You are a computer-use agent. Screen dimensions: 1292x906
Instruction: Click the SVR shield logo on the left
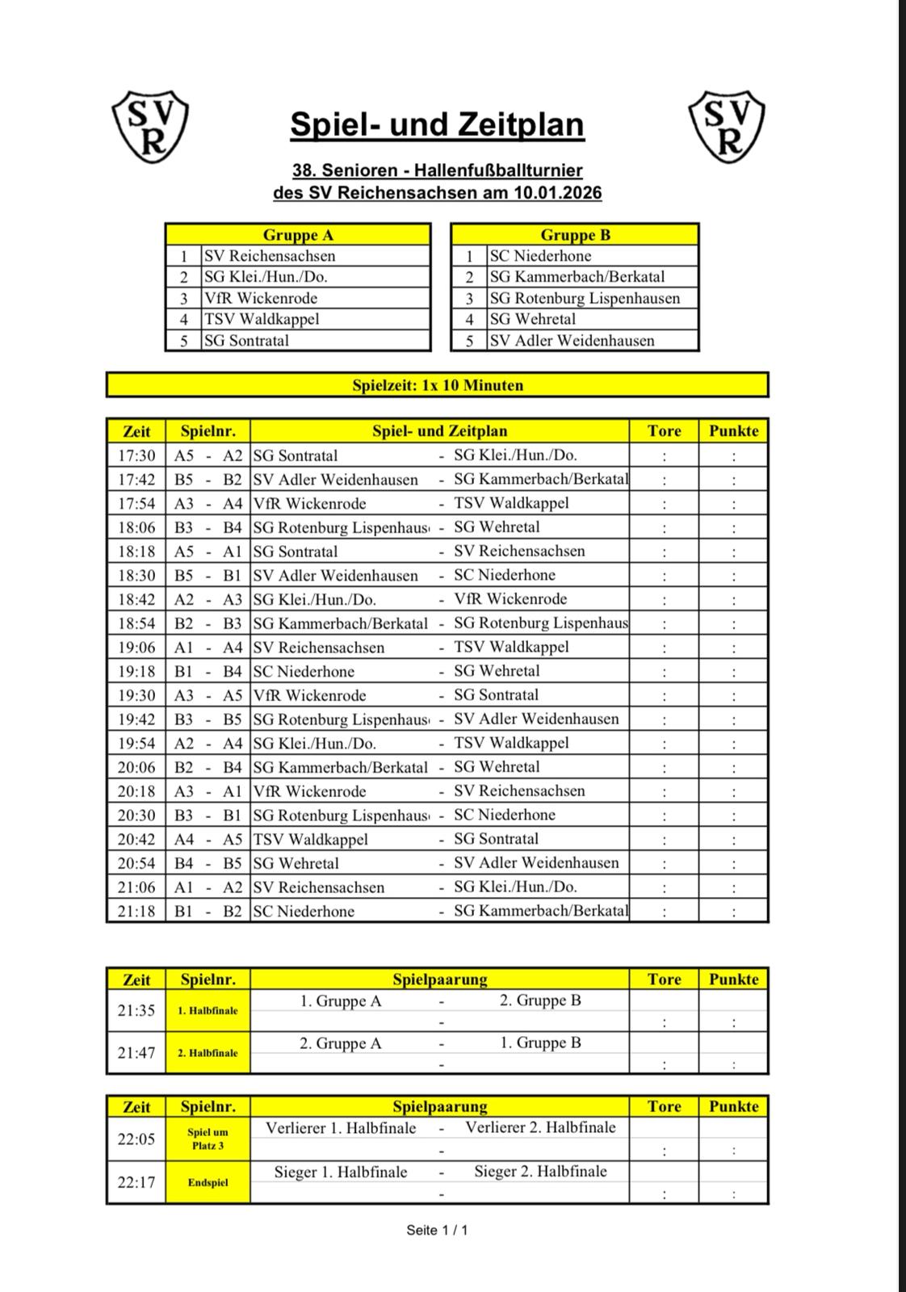[149, 127]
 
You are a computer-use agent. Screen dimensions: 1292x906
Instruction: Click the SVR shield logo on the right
[727, 127]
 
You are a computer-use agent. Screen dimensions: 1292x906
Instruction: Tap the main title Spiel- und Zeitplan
[437, 124]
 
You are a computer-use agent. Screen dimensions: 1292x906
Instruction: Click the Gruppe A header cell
[298, 235]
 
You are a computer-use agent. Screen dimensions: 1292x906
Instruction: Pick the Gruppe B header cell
[575, 235]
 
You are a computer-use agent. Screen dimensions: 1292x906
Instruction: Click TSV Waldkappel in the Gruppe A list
[262, 319]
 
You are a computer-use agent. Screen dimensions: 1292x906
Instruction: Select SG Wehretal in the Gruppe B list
[533, 319]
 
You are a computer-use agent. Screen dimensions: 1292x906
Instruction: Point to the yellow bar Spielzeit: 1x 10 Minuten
[437, 385]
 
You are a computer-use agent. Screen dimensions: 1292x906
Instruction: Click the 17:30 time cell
[136, 455]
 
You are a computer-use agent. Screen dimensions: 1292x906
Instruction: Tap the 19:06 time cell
[136, 648]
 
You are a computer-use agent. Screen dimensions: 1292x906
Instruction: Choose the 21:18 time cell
[136, 912]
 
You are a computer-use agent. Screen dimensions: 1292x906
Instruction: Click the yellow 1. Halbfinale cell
[208, 1010]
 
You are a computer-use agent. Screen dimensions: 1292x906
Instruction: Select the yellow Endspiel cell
[208, 1182]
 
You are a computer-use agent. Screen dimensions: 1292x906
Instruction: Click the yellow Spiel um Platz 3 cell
[208, 1139]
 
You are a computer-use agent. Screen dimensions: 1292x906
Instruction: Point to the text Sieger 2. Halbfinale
[540, 1171]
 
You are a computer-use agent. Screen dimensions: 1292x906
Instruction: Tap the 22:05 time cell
[136, 1139]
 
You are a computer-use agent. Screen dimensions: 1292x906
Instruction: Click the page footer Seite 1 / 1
[437, 1230]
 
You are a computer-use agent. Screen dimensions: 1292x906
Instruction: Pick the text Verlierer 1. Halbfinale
[341, 1128]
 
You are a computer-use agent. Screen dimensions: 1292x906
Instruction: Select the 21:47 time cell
[136, 1053]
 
